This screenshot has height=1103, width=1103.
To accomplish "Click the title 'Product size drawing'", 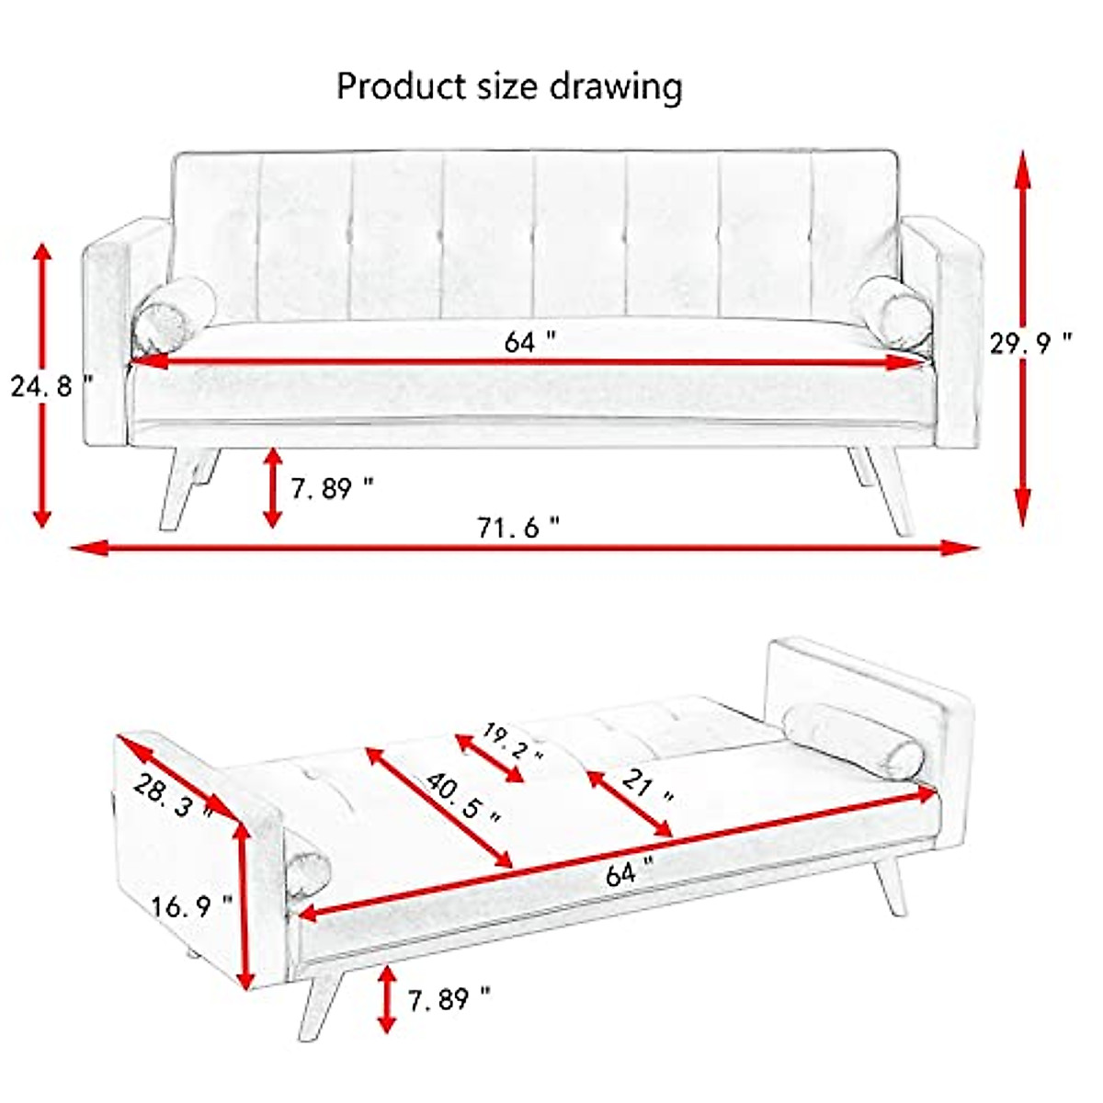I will coord(509,86).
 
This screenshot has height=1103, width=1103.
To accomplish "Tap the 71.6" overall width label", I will coord(517,528).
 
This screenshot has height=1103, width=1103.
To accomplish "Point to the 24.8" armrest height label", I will coord(51,385).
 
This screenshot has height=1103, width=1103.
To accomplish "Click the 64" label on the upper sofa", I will coord(529,342).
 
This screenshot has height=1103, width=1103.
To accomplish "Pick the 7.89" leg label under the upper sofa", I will coord(332,487).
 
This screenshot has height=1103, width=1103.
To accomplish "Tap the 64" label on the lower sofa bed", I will coord(629,871).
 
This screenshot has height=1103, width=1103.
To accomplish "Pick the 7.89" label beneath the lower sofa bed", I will coord(449,998).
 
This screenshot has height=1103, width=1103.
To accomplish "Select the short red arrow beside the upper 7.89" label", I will coord(272,487).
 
